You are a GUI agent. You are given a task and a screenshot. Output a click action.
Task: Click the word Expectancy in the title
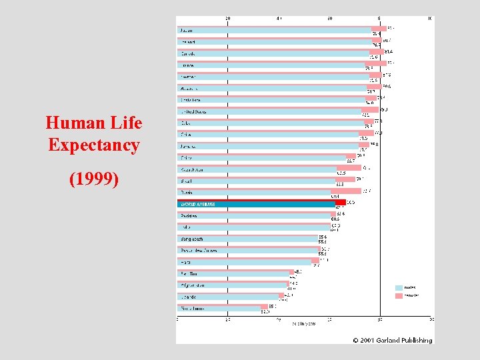[x=94, y=145]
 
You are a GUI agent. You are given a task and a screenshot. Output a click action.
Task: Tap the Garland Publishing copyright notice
[x=392, y=340]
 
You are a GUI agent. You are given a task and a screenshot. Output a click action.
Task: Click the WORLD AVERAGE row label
[x=196, y=204]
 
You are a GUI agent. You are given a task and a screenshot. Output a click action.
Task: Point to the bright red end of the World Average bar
[x=341, y=202]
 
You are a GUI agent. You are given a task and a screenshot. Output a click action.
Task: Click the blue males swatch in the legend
[x=399, y=288]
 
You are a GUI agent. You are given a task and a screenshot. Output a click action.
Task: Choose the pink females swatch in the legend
[x=399, y=295]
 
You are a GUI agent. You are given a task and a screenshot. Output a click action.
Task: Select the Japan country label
[x=187, y=31]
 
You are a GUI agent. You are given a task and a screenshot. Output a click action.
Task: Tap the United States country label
[x=193, y=112]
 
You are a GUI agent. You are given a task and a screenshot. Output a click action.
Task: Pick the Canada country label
[x=188, y=53]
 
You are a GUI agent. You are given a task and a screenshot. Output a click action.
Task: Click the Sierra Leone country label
[x=192, y=308]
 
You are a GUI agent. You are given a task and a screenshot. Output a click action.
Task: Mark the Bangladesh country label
[x=191, y=239]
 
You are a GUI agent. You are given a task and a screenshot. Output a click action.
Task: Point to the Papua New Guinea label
[x=198, y=250]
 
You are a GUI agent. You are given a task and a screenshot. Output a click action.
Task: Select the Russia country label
[x=187, y=192]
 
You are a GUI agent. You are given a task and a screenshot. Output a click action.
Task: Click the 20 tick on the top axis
[x=228, y=18]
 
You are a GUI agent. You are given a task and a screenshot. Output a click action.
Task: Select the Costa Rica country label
[x=190, y=100]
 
